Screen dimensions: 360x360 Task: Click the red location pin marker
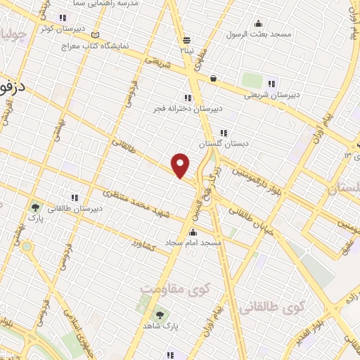181,165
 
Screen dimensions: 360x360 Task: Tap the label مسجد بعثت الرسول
257,34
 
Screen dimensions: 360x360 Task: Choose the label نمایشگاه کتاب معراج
129,45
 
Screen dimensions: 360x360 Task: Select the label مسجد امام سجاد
193,243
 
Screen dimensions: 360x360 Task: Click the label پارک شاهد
162,326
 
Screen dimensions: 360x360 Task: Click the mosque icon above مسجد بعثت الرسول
258,22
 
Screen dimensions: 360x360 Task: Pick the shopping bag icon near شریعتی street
212,78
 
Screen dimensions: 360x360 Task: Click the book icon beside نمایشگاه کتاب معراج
96,35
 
